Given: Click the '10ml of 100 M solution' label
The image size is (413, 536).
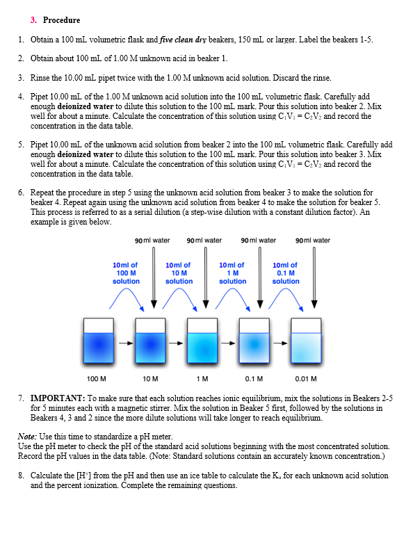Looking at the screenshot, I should (x=126, y=273).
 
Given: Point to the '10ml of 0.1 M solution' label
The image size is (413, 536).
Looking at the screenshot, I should (x=286, y=273).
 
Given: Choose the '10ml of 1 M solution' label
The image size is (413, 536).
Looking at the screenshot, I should (x=232, y=273).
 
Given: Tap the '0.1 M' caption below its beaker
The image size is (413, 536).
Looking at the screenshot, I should (x=254, y=379).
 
